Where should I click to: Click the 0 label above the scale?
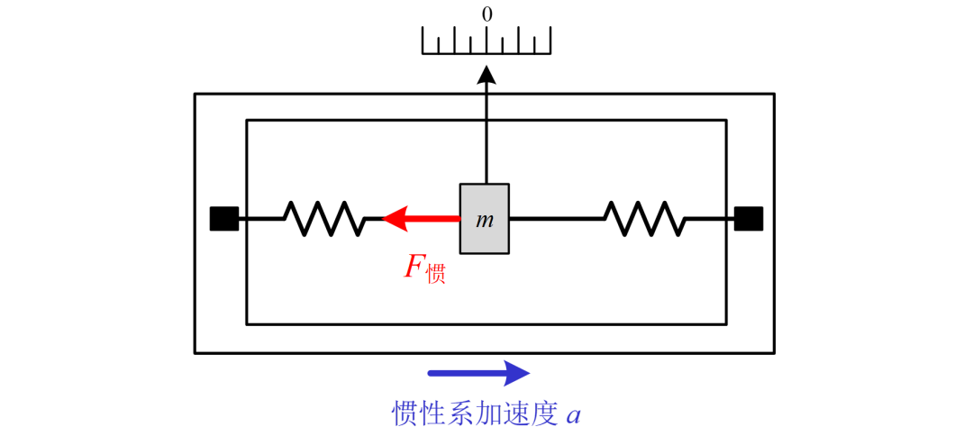click(486, 14)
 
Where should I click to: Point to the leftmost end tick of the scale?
click(423, 41)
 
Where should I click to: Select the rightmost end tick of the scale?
click(550, 41)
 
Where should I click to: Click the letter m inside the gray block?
click(484, 220)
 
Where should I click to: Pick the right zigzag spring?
click(643, 218)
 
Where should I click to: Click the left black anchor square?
click(224, 219)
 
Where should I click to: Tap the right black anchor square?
click(748, 219)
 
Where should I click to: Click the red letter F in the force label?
click(414, 268)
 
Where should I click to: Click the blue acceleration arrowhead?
click(517, 373)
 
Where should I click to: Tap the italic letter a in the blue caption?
click(573, 414)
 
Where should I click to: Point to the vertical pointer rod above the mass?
click(486, 135)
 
